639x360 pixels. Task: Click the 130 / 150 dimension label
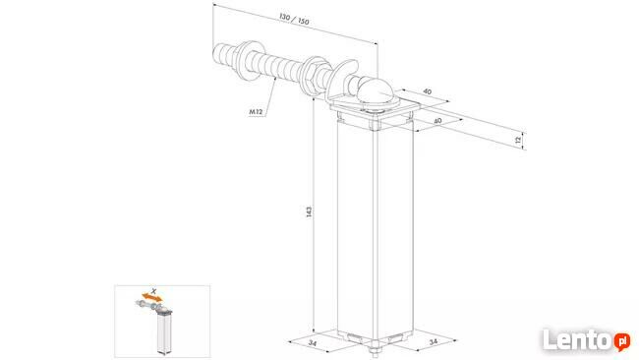pyautogui.click(x=294, y=19)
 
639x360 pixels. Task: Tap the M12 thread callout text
pyautogui.click(x=256, y=111)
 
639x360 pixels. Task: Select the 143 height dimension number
pyautogui.click(x=310, y=211)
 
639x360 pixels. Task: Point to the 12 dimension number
pyautogui.click(x=518, y=141)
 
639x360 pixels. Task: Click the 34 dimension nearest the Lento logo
pyautogui.click(x=433, y=341)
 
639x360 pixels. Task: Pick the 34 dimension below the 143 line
pyautogui.click(x=313, y=343)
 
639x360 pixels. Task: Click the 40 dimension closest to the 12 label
pyautogui.click(x=437, y=121)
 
